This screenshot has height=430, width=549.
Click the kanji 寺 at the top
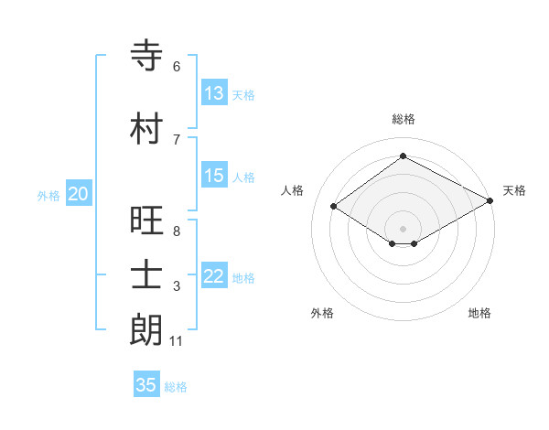click(x=146, y=56)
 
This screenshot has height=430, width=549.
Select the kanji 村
click(x=146, y=129)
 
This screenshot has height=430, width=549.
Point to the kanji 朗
click(x=146, y=330)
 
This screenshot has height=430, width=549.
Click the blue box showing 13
click(x=214, y=93)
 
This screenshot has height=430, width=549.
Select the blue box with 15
click(x=214, y=176)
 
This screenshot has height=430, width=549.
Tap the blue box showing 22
click(x=214, y=276)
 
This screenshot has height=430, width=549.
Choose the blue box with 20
click(x=79, y=194)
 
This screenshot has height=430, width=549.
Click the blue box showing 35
click(x=146, y=385)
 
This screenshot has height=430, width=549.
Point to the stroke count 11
click(x=177, y=341)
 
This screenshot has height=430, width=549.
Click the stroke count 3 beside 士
click(x=177, y=286)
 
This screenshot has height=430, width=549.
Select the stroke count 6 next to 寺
click(x=177, y=67)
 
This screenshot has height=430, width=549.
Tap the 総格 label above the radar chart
click(x=404, y=119)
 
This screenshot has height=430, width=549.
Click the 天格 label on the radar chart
click(x=514, y=190)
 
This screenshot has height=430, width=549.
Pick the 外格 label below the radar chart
click(x=322, y=313)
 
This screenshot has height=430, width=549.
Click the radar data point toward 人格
click(x=334, y=207)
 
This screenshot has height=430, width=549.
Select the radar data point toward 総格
click(x=403, y=156)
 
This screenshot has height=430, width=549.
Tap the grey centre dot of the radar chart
click(x=403, y=228)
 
